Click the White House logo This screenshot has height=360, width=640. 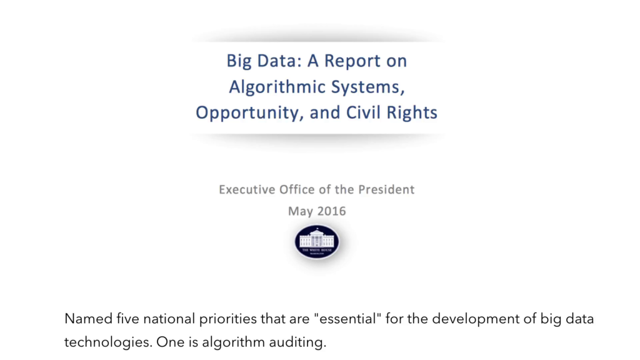pyautogui.click(x=317, y=242)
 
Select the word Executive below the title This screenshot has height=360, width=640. pyautogui.click(x=247, y=189)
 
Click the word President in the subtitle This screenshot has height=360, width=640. pyautogui.click(x=386, y=189)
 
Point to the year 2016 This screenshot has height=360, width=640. pyautogui.click(x=331, y=211)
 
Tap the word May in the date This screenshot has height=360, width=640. pyautogui.click(x=301, y=212)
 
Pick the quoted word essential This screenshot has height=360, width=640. pyautogui.click(x=347, y=318)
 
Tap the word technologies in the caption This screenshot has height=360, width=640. pyautogui.click(x=107, y=342)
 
